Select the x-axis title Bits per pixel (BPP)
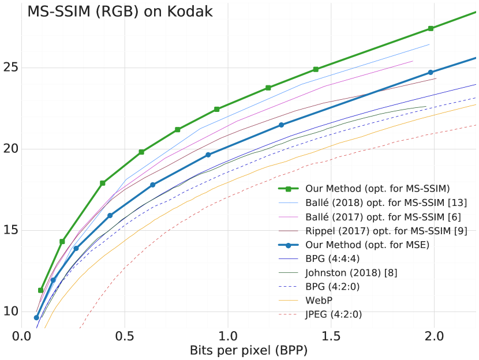coord(249,350)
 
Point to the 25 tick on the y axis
coord(10,67)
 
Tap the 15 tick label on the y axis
coord(10,230)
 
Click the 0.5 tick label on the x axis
coord(125,336)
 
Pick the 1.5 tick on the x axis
coord(331,336)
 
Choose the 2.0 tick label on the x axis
coord(434,336)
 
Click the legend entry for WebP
coord(318,301)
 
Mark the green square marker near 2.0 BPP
coord(431,28)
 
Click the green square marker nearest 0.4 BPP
coord(103,183)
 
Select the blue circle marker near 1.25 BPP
coord(281,125)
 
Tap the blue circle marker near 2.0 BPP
coord(431,72)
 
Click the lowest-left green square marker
coord(40,290)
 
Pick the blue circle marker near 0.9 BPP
coord(208,155)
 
